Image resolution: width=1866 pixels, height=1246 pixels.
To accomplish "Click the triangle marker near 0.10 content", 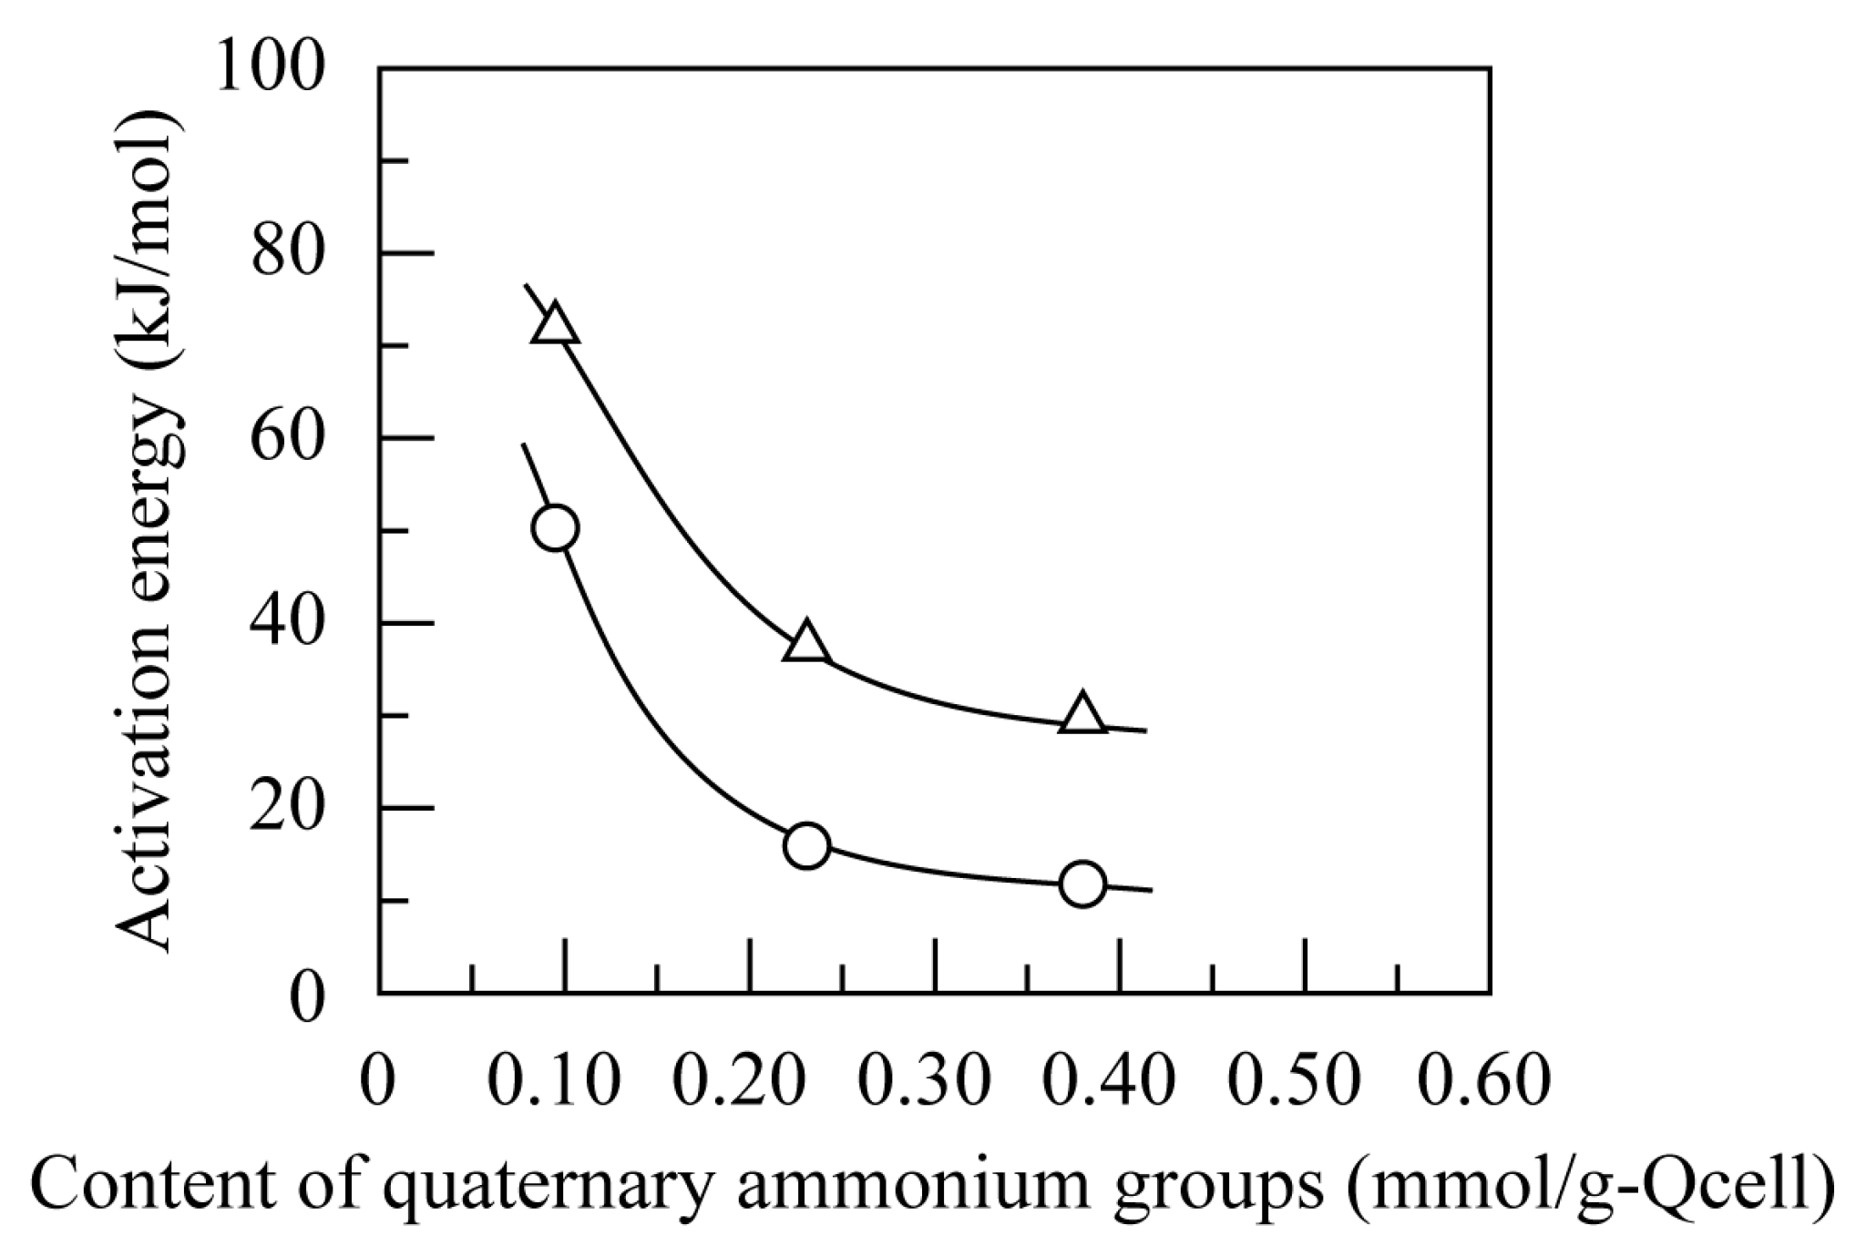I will point(555,325).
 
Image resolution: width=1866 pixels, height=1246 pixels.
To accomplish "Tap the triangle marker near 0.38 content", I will point(1082,715).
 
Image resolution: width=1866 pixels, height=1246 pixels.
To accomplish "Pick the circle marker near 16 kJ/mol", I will point(806,846).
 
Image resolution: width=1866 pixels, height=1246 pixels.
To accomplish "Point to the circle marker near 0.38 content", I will point(1082,883).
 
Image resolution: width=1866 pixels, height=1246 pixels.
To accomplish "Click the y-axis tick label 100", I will point(271,68).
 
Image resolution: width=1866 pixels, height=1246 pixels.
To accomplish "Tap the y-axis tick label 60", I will point(288,439).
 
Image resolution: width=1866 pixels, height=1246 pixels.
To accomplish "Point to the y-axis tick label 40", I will point(288,625).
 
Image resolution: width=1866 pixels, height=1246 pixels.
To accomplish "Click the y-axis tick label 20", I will point(288,809).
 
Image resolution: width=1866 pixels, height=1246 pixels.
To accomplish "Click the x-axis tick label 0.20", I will point(740,1082).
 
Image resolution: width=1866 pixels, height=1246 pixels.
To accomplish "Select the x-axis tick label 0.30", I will point(926,1082).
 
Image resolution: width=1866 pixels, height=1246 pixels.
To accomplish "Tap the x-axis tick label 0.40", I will point(1111,1082).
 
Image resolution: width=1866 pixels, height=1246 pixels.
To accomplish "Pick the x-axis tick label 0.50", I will point(1297,1082).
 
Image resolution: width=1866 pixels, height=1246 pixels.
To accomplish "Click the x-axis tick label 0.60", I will point(1482,1082).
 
